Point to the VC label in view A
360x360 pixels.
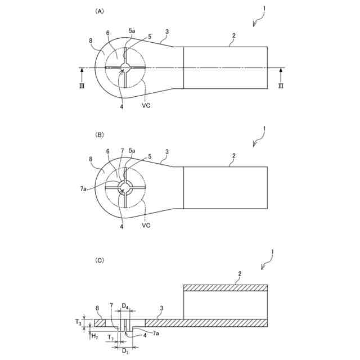(146, 105)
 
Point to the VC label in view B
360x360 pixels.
(146, 225)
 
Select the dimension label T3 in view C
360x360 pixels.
(79, 323)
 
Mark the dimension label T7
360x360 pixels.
(111, 338)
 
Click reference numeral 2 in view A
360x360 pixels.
(233, 35)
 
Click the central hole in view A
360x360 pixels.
(125, 68)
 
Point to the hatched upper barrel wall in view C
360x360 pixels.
(226, 288)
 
